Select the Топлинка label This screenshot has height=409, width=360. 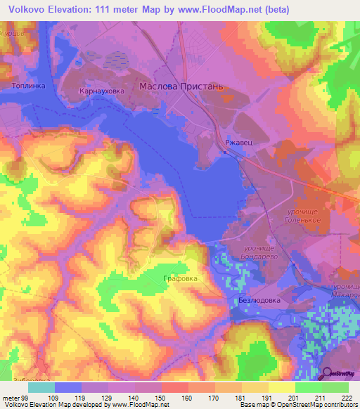tap(29, 86)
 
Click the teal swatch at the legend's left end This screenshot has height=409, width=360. tap(41, 387)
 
